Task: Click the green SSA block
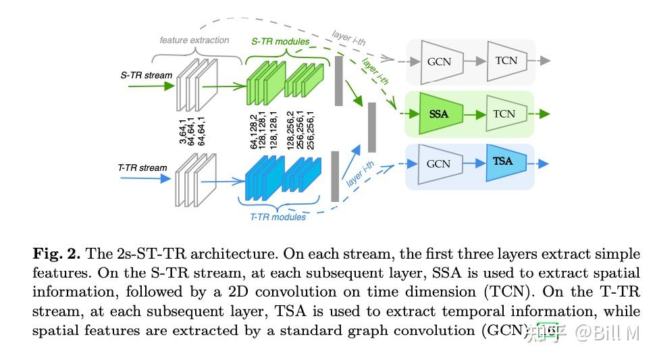(x=438, y=113)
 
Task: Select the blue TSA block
(x=502, y=162)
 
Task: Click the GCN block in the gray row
(x=438, y=61)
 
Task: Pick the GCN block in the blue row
(x=438, y=163)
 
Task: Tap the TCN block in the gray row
(x=506, y=60)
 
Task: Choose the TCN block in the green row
(x=504, y=113)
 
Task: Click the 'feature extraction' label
(x=194, y=41)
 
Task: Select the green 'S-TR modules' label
(x=280, y=41)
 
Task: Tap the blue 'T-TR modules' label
(x=278, y=217)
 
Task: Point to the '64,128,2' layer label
(x=254, y=132)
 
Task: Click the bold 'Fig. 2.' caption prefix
(x=57, y=255)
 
